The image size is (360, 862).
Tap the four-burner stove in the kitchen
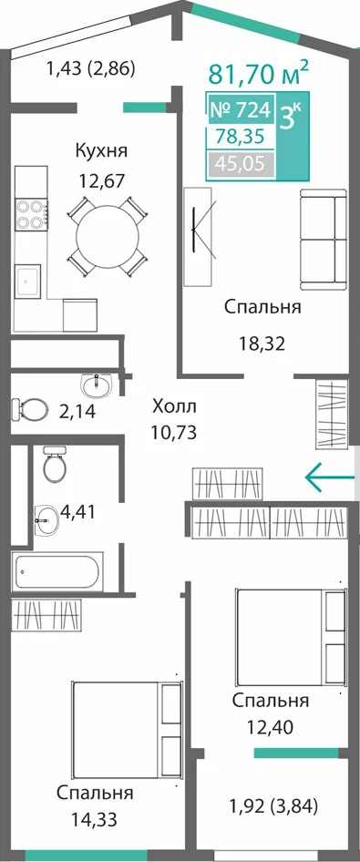30,215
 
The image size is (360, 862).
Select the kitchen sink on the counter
27,282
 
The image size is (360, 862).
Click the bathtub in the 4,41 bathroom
57,571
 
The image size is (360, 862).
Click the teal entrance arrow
330,477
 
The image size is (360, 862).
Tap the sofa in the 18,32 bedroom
324,239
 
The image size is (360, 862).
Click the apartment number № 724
241,110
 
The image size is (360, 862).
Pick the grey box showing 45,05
241,163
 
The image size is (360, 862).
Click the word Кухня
101,150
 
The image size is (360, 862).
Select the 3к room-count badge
290,117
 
